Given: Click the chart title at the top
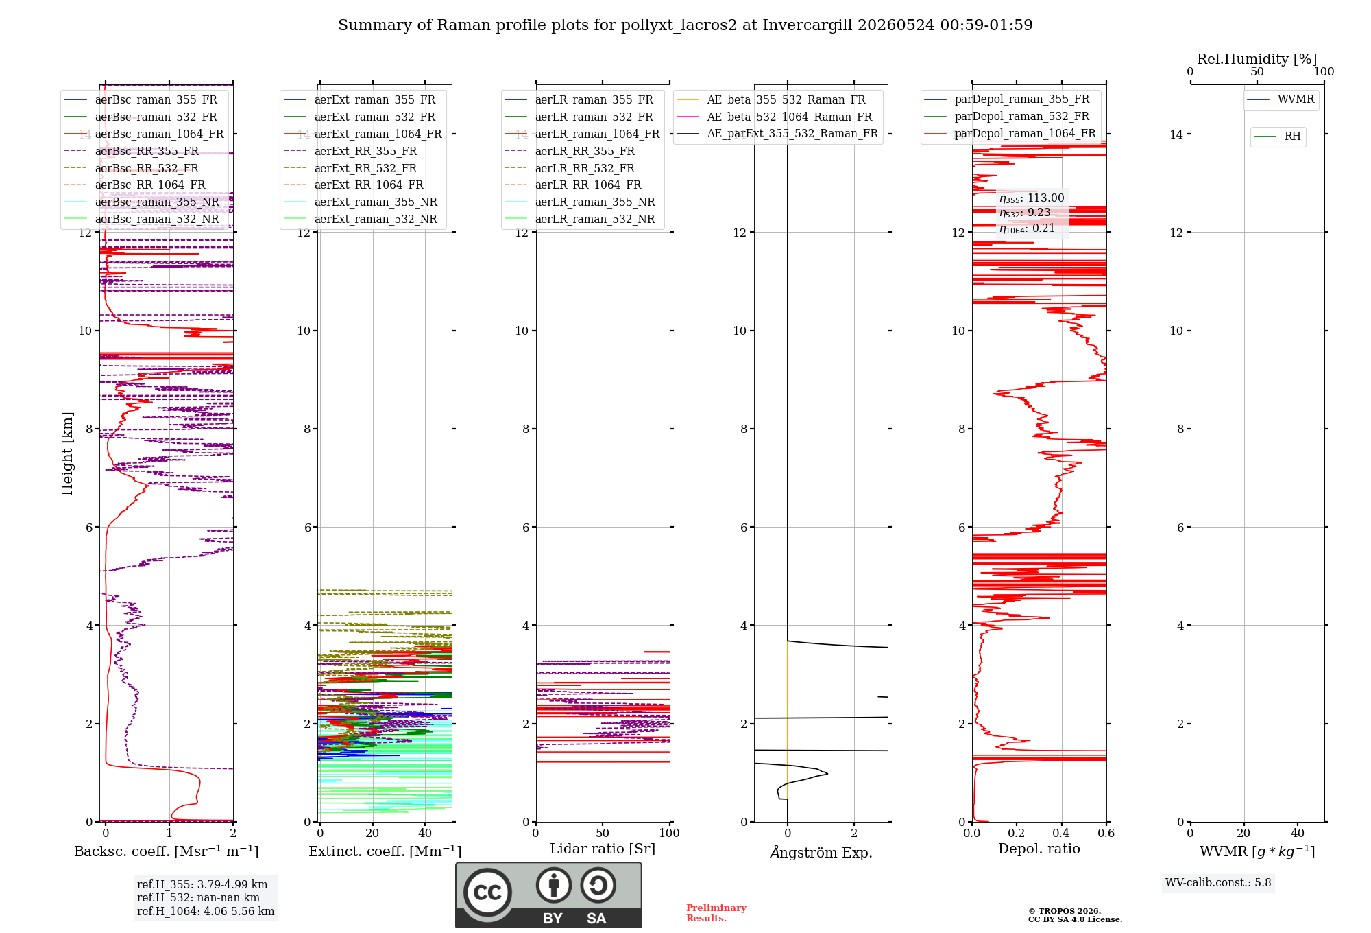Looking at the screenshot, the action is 685,25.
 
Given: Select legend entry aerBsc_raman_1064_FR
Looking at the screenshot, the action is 143,134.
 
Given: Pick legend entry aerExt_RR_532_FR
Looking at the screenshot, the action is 350,168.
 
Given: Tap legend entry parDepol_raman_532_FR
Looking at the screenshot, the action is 1007,116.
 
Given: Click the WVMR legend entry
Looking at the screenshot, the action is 1281,99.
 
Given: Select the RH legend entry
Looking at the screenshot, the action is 1277,137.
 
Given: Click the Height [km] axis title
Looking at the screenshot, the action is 67,453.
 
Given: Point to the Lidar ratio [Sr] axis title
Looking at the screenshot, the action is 603,849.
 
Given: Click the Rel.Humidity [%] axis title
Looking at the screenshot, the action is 1257,59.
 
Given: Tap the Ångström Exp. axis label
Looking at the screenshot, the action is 821,852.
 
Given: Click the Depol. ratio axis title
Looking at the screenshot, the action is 1039,849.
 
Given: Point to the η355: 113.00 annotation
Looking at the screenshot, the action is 1032,198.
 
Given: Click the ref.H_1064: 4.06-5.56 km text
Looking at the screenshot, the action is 206,912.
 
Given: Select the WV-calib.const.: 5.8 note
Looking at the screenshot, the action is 1218,883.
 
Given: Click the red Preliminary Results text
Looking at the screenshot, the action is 716,913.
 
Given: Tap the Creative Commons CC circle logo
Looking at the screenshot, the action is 487,893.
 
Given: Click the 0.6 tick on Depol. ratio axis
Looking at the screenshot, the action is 1106,834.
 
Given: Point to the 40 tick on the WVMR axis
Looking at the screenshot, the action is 1298,834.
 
